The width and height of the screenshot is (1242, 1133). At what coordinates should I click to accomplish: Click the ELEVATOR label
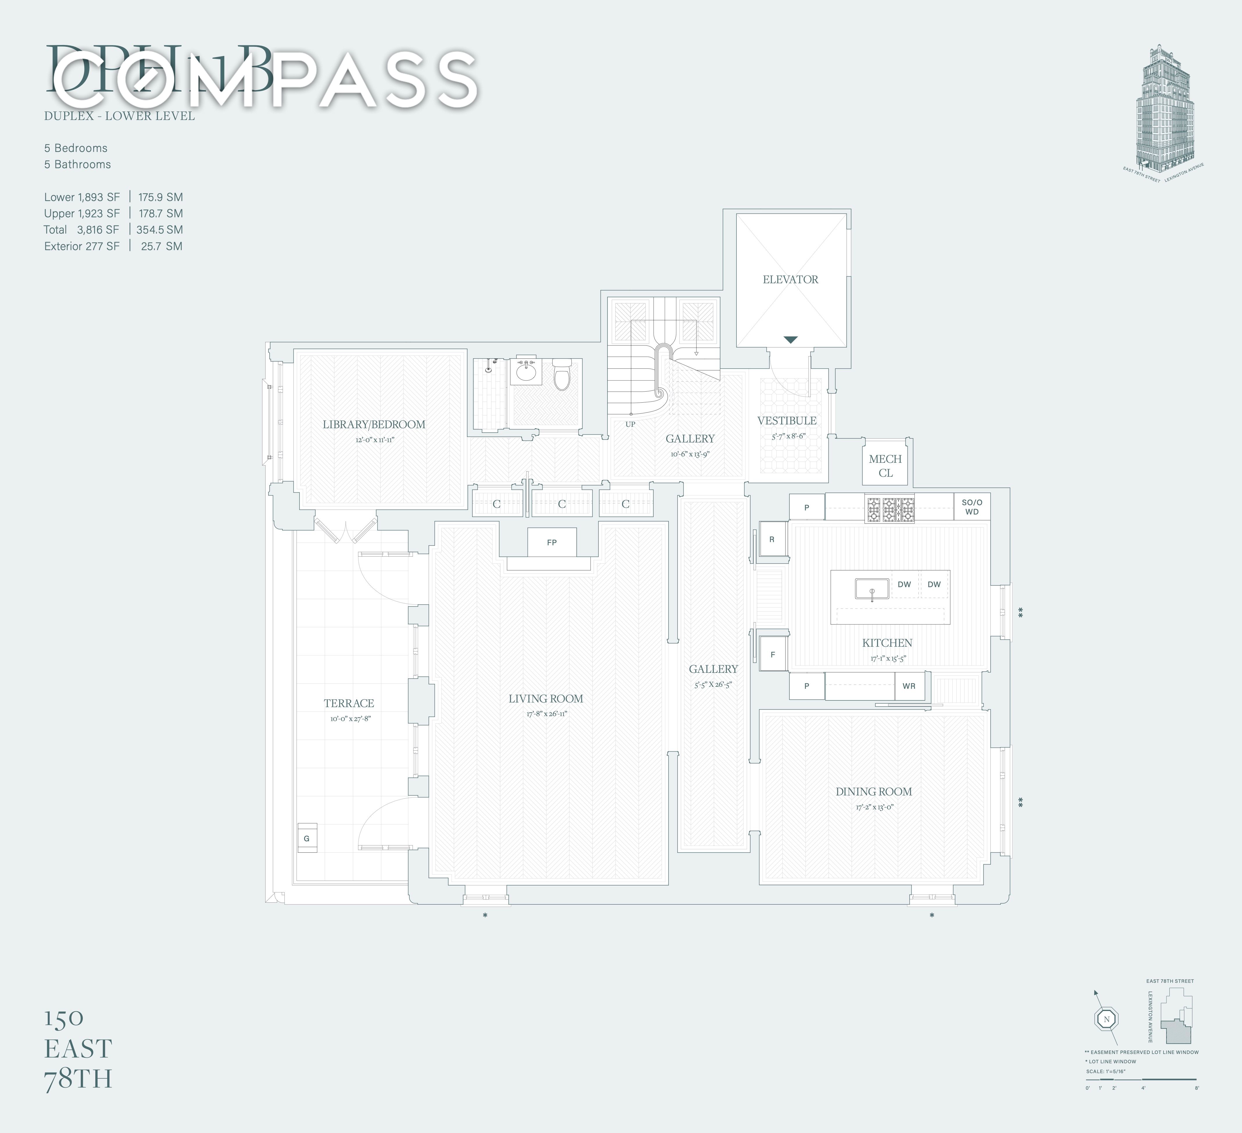pos(791,279)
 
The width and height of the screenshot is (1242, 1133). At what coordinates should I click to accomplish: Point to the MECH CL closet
pos(885,466)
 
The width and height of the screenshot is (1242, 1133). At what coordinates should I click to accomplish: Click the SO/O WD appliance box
pos(972,506)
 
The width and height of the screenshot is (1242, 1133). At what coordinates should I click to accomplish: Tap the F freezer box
pos(773,654)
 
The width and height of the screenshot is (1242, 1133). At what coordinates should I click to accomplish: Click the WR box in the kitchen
pos(909,686)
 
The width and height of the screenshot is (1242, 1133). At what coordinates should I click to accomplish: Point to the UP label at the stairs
pos(630,424)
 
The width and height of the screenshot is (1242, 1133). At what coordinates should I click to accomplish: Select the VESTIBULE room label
pos(787,421)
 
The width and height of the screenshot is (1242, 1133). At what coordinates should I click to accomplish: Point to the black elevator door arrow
pos(791,340)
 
